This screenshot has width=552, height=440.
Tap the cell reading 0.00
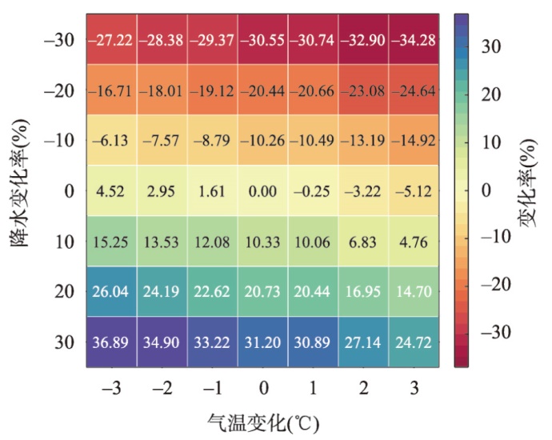[262, 191]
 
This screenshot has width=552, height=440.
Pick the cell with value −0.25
[313, 191]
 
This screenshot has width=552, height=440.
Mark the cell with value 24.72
[414, 342]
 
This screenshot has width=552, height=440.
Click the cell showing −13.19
[363, 141]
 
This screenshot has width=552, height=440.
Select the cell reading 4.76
[414, 242]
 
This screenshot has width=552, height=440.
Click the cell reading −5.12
[414, 191]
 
